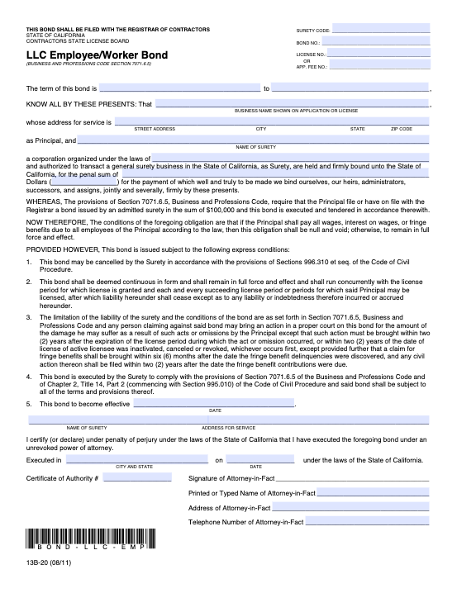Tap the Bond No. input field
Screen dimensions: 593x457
(x=376, y=41)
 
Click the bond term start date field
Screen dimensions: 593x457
(x=179, y=87)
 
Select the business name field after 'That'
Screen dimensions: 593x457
(x=292, y=103)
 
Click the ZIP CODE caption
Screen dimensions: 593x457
(x=401, y=129)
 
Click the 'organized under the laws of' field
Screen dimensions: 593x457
(x=289, y=158)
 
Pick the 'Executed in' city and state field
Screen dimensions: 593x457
(x=133, y=460)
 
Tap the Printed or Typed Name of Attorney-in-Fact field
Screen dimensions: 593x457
(x=374, y=492)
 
